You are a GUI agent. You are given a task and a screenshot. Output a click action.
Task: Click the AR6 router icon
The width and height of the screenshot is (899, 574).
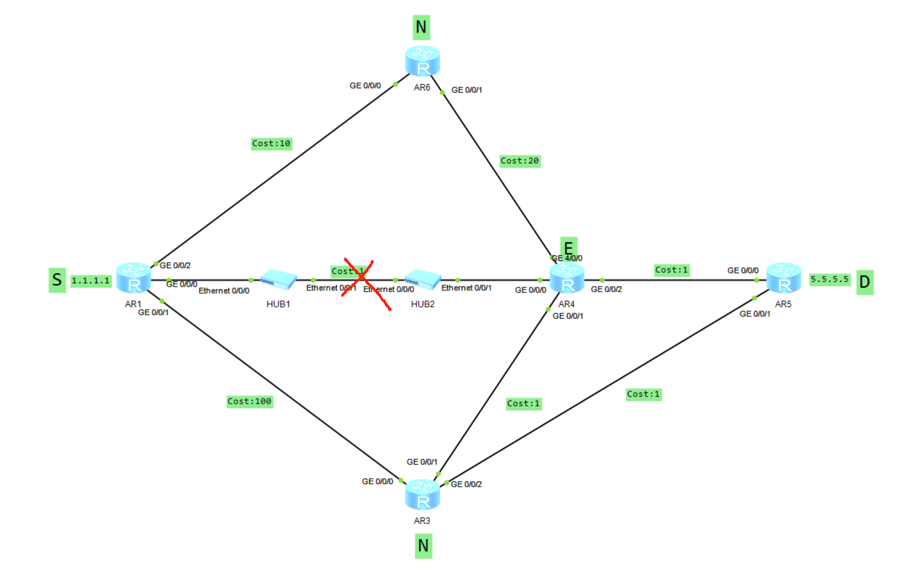coord(422,61)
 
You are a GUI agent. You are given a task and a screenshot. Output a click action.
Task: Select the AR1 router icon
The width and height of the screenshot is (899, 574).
coord(133,278)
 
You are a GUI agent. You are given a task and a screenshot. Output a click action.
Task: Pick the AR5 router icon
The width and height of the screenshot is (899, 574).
coord(783,278)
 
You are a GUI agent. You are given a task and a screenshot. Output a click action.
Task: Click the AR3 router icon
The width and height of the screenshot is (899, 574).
coord(422,495)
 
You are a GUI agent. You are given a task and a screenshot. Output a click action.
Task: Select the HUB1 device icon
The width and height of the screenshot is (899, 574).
coord(278,279)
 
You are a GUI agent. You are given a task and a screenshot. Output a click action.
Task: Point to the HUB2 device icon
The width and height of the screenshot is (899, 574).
coord(423,279)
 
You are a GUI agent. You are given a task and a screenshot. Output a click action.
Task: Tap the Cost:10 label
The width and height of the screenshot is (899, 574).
coord(271,143)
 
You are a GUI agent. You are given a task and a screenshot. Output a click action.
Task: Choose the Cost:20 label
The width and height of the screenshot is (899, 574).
coord(520,161)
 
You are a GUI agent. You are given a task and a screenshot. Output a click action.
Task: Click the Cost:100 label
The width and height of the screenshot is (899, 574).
coord(249,401)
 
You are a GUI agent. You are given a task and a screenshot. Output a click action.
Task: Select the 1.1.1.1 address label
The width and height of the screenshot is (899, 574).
coord(91,280)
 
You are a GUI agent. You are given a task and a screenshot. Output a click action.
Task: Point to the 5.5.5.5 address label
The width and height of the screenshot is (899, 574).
coord(829,279)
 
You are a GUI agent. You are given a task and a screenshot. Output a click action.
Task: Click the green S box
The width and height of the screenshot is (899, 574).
coord(57,280)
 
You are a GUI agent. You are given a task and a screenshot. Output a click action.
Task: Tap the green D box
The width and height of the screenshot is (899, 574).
coord(865,282)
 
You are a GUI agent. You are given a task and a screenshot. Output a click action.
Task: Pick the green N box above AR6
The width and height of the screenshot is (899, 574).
coord(421,27)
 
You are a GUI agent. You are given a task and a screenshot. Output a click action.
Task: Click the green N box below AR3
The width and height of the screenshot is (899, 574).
coord(423,546)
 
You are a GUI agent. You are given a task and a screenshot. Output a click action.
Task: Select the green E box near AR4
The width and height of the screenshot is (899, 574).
coord(568,247)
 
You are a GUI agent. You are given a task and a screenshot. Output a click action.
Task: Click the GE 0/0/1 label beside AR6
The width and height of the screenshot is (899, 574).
coord(467,90)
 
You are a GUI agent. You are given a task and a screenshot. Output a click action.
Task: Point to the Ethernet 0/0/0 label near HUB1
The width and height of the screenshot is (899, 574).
coord(224,291)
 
